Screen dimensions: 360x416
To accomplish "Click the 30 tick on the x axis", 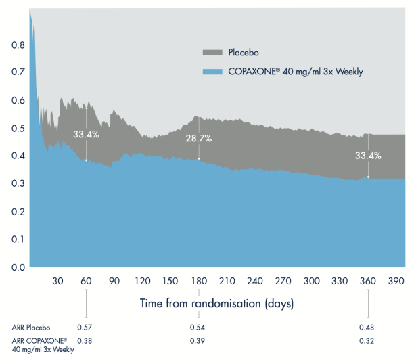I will coord(57,282).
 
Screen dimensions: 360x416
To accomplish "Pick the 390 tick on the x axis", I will coord(396,282).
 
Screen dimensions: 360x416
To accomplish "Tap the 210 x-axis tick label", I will coord(227,282).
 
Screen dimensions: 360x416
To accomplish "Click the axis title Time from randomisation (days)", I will coord(216,303).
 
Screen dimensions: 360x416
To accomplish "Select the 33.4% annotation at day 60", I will coord(87,134).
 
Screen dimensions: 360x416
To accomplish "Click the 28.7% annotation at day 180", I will coord(199,138).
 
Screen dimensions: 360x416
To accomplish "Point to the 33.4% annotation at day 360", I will coord(368,156).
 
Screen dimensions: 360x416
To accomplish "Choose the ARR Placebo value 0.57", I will coord(86,328).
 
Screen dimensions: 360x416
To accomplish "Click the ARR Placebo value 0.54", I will coord(199,328).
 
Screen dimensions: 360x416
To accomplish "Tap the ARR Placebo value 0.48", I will coord(368,328).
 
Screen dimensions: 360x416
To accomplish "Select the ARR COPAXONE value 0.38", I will coord(86,340).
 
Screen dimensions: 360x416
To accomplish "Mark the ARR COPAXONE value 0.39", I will coord(199,340).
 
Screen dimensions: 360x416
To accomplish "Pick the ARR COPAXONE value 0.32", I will coord(368,340).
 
